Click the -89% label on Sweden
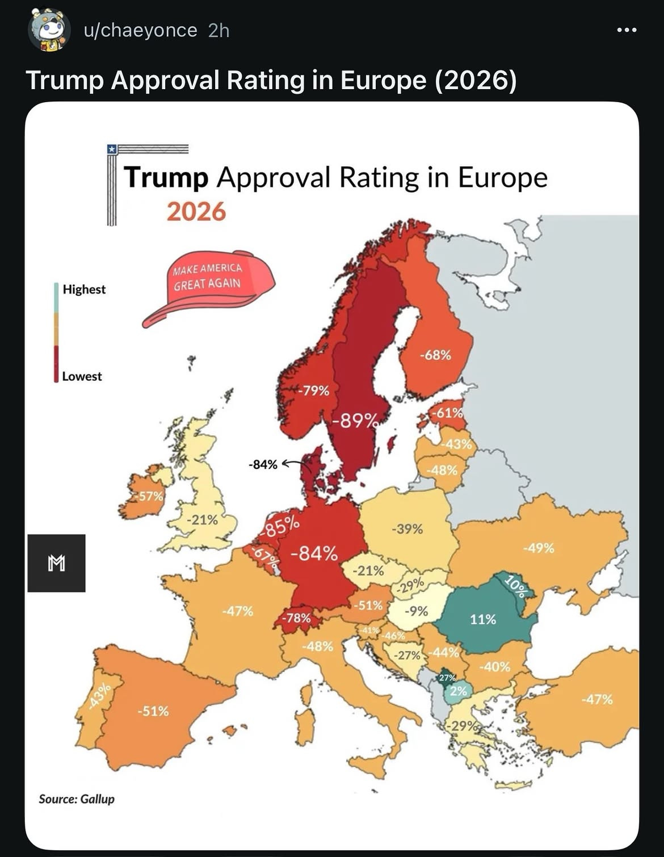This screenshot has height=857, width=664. click(x=355, y=421)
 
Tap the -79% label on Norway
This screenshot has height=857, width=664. click(x=313, y=390)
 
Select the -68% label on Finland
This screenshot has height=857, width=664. click(x=435, y=355)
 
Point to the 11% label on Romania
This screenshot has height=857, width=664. click(x=482, y=619)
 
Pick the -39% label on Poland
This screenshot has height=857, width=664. click(x=407, y=529)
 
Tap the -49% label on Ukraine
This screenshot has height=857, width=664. click(x=539, y=548)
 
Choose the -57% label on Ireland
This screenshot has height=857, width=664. click(x=149, y=495)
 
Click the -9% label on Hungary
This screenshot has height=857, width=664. click(x=416, y=611)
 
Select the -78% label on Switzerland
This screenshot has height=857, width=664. click(x=296, y=617)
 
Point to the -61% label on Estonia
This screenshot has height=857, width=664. click(x=448, y=413)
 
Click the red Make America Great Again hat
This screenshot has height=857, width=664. click(x=209, y=288)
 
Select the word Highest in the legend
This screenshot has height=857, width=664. click(x=84, y=289)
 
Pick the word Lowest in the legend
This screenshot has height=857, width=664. click(x=82, y=376)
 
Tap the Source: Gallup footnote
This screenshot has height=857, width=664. click(x=77, y=799)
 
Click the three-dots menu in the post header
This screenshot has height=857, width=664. click(x=627, y=30)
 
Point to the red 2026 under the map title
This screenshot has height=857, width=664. click(x=196, y=212)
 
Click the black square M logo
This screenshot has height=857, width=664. click(x=56, y=563)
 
